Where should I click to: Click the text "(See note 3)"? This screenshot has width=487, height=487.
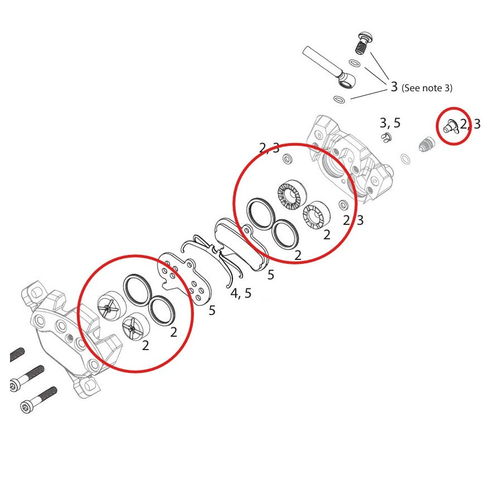(x=427, y=88)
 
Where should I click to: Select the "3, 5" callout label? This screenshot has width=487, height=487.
(x=390, y=123)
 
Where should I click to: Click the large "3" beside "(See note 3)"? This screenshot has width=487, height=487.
(x=394, y=87)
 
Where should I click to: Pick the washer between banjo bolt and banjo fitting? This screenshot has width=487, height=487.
(x=353, y=63)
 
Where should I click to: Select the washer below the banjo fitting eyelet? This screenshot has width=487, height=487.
(x=338, y=99)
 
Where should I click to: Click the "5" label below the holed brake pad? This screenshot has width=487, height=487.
(x=212, y=311)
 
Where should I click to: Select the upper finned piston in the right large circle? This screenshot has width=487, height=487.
(x=289, y=196)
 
